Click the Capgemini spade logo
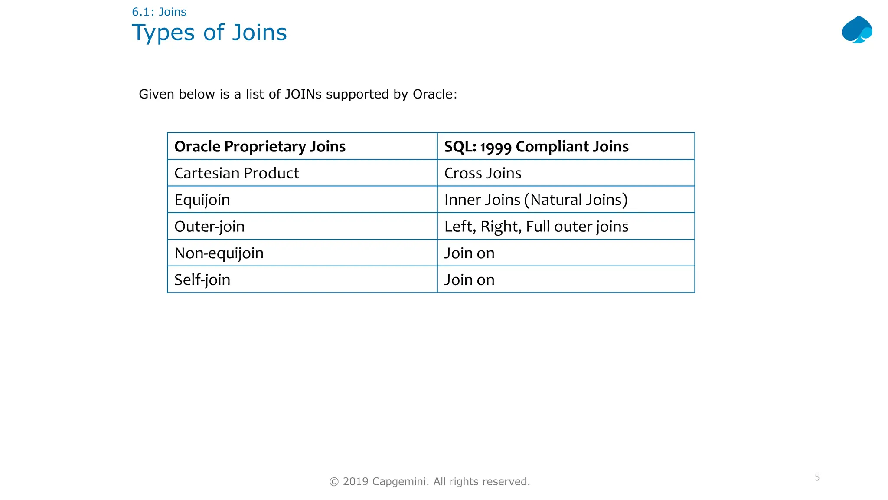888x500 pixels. pyautogui.click(x=857, y=30)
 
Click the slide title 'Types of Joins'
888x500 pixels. pyautogui.click(x=209, y=33)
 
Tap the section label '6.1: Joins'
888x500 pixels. pyautogui.click(x=159, y=12)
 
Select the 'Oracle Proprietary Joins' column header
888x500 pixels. pyautogui.click(x=260, y=147)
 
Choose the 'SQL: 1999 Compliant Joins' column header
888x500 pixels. pyautogui.click(x=536, y=147)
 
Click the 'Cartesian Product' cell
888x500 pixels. pyautogui.click(x=237, y=173)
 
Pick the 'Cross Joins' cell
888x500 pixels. pyautogui.click(x=483, y=173)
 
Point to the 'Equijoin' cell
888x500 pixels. pyautogui.click(x=202, y=200)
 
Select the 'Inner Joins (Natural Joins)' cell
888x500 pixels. pyautogui.click(x=536, y=200)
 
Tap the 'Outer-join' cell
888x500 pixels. pyautogui.click(x=209, y=227)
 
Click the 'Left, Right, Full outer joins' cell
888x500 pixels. pyautogui.click(x=536, y=227)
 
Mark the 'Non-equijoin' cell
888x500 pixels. pyautogui.click(x=219, y=253)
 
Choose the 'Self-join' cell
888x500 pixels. pyautogui.click(x=202, y=280)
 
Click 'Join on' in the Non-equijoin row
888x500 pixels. pyautogui.click(x=469, y=253)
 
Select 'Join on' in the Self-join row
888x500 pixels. pyautogui.click(x=469, y=280)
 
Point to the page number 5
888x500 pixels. pyautogui.click(x=817, y=477)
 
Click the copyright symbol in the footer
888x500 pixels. pyautogui.click(x=334, y=482)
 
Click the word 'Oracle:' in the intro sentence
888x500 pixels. pyautogui.click(x=434, y=94)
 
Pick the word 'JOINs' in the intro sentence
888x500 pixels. pyautogui.click(x=303, y=94)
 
